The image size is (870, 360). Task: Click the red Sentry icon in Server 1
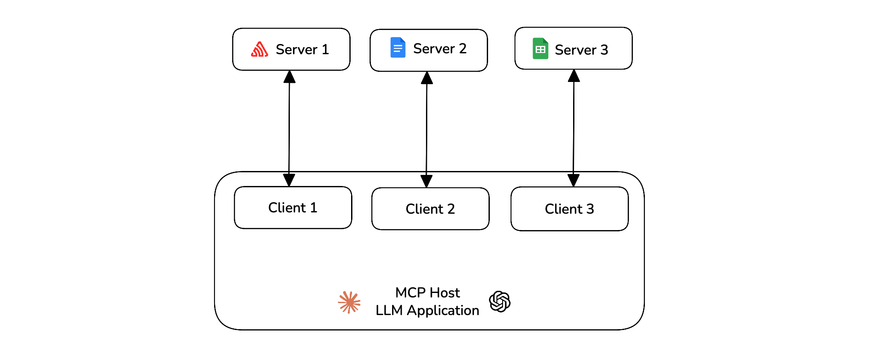[259, 49]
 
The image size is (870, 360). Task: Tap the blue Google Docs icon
[398, 48]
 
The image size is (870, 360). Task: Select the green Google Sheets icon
[540, 48]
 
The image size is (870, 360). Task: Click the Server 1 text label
[302, 49]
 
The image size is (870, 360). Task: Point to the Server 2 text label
[440, 48]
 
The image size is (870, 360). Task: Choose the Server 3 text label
[581, 50]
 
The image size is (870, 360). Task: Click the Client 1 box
[293, 208]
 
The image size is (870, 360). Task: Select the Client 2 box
[430, 209]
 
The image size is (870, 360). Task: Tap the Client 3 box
[569, 209]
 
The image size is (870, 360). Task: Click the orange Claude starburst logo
[349, 302]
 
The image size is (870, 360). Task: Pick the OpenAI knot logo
[500, 301]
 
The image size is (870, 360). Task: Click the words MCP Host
[427, 293]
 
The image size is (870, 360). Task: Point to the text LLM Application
[427, 310]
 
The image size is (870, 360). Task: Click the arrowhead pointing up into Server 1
[289, 77]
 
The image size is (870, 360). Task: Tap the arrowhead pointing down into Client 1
[289, 180]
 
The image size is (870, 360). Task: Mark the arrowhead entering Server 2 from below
[427, 78]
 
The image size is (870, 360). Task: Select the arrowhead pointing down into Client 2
[426, 181]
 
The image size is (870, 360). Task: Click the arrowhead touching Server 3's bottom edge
[574, 76]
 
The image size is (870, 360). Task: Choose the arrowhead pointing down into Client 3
[573, 180]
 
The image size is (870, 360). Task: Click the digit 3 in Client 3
[590, 209]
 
